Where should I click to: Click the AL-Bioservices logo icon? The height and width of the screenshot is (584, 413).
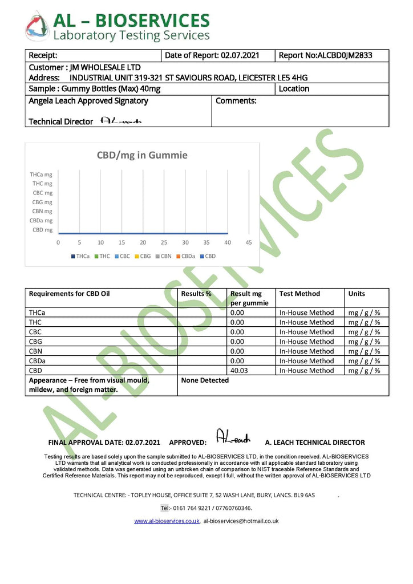tap(37, 26)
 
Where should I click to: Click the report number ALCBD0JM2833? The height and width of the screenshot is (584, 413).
tap(325, 55)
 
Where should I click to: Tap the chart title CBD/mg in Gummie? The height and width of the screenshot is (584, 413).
tap(142, 155)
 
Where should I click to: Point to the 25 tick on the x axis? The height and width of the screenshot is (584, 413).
tap(164, 242)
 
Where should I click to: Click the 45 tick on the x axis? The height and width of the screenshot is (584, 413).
tap(249, 242)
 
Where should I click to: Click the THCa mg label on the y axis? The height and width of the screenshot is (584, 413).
tap(41, 175)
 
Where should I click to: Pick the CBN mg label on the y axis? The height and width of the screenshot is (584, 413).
tap(42, 211)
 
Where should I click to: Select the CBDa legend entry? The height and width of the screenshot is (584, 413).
tap(187, 256)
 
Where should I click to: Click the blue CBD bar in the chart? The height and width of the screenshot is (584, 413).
tap(143, 233)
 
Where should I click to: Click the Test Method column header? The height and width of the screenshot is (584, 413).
tap(299, 294)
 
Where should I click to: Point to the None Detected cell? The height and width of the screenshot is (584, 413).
tap(205, 380)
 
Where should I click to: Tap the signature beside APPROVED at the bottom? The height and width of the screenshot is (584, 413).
tap(233, 437)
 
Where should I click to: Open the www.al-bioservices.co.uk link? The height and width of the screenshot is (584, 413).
tap(167, 521)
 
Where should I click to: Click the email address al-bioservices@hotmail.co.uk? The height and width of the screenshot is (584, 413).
tap(241, 521)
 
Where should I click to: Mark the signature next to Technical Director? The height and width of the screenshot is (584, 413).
tap(120, 121)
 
